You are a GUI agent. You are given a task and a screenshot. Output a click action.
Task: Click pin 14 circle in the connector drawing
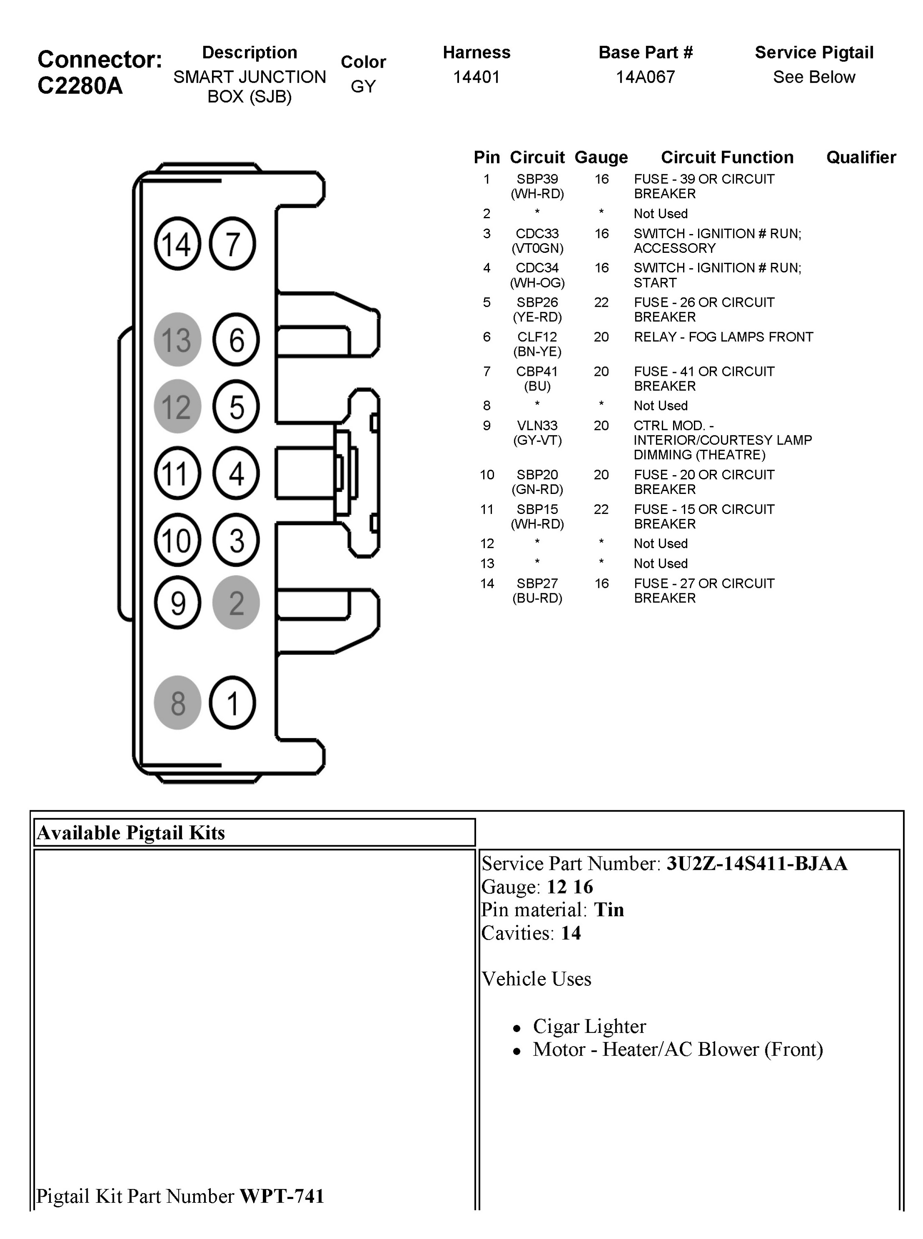pos(177,244)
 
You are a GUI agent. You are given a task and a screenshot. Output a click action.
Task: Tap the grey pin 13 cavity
pos(177,340)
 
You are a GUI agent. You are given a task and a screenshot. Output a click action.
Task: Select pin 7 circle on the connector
pos(232,244)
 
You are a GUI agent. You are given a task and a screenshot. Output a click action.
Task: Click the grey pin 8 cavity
pos(177,703)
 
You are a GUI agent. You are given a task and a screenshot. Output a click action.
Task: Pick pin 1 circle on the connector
pos(232,703)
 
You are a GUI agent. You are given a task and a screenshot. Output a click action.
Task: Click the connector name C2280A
pos(80,86)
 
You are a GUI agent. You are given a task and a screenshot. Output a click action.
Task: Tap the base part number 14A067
pos(646,77)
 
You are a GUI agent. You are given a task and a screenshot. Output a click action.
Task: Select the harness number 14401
pos(476,77)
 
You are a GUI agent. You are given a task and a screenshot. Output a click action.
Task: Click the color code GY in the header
pos(363,87)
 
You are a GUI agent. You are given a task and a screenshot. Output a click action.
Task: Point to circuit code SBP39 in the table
pos(537,179)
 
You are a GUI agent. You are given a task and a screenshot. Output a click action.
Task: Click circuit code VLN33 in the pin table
pos(537,426)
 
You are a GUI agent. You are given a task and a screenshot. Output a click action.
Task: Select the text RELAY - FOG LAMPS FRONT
pos(723,337)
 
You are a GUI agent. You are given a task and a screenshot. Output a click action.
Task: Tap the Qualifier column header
pos(861,158)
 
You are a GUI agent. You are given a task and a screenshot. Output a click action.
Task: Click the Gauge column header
pos(600,158)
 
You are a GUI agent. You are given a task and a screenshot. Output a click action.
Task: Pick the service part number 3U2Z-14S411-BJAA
pos(757,864)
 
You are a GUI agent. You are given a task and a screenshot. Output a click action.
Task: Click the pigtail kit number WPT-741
pos(282,1196)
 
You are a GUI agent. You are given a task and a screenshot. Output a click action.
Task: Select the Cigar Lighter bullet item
pos(589,1026)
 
